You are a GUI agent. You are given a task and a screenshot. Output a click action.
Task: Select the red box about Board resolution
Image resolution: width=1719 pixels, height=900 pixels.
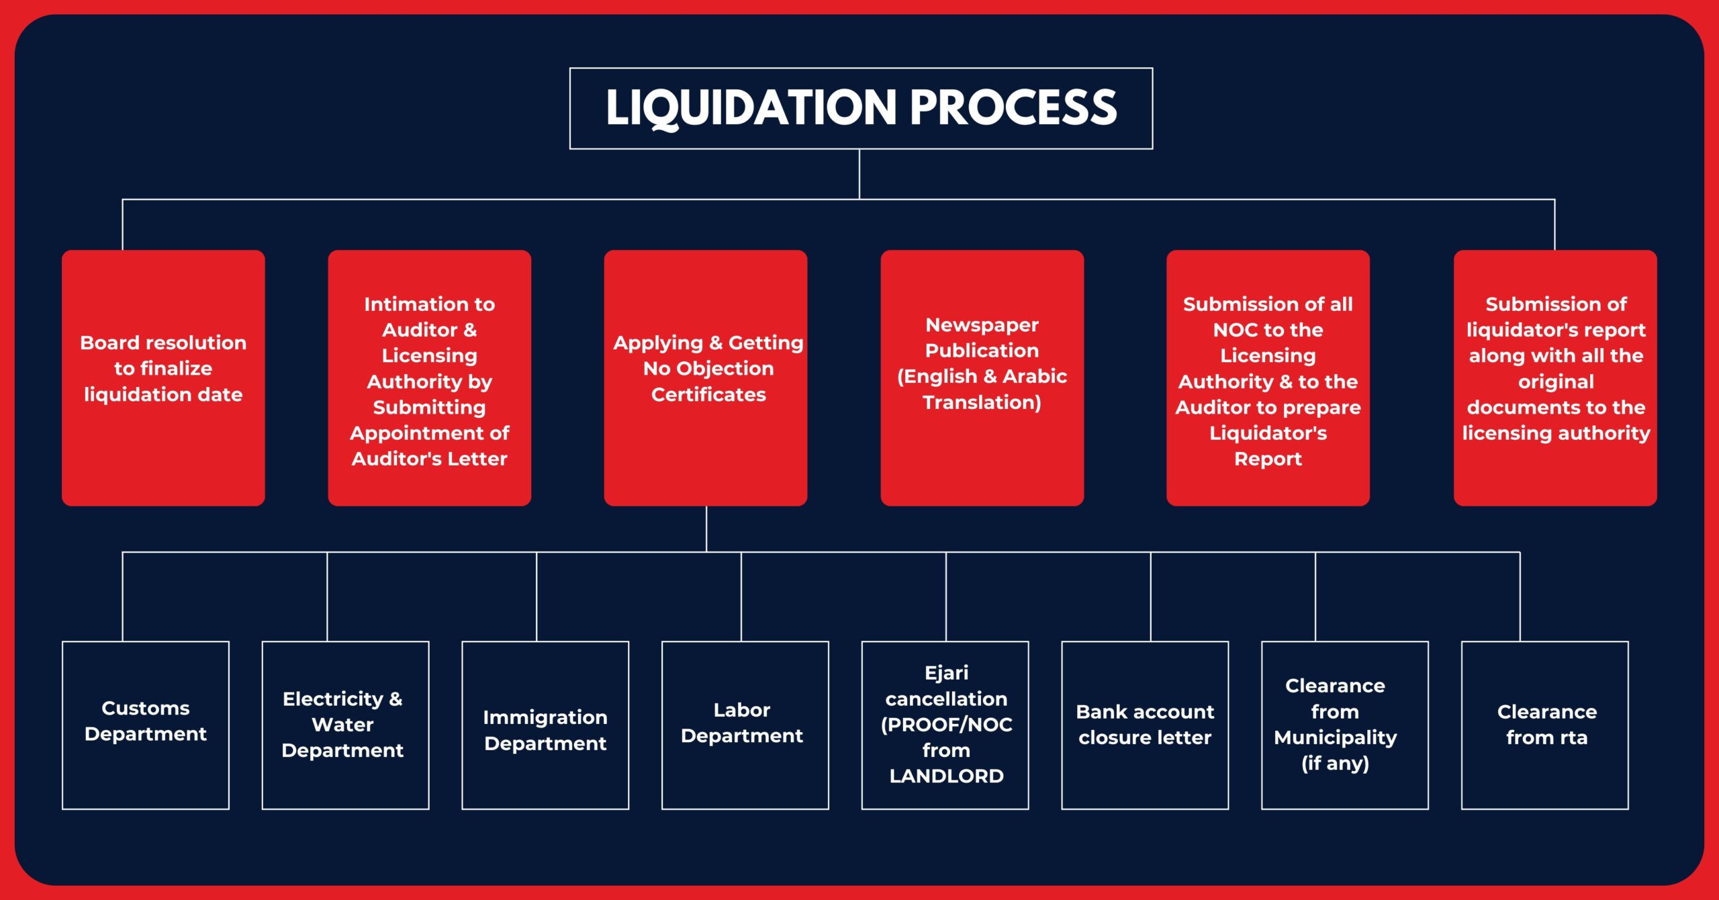pos(163,377)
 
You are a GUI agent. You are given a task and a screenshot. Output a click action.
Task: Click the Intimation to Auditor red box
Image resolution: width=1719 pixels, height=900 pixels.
pos(429,377)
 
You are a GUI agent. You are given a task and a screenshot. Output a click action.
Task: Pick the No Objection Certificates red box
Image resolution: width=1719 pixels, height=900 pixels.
pos(705,377)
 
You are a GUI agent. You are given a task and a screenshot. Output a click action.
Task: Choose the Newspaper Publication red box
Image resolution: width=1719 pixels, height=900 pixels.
pos(982,377)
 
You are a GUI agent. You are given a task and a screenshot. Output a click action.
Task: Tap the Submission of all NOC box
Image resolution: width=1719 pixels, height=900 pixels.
pos(1268,377)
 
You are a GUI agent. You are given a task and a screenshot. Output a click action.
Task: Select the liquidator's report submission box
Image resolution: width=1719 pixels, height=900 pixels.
pos(1555,377)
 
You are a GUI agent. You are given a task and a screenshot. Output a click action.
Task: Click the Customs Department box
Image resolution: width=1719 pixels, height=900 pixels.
pos(146,725)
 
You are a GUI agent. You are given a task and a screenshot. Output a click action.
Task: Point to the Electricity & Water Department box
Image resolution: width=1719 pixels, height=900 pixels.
pos(345,725)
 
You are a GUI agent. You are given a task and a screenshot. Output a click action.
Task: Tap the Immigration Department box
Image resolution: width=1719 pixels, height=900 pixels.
pos(545,725)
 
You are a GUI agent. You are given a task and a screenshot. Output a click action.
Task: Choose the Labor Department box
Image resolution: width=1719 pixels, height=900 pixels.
pos(745,725)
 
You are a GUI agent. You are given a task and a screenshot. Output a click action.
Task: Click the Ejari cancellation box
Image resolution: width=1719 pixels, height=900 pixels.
pos(945,725)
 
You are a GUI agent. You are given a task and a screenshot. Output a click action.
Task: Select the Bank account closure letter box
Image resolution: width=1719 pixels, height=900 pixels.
pos(1145,725)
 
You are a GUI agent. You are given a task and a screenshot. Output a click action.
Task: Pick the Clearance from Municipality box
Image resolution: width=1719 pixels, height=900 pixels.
pos(1344,725)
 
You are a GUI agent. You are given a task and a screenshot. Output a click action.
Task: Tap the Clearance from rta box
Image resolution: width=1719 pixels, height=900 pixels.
pos(1544,725)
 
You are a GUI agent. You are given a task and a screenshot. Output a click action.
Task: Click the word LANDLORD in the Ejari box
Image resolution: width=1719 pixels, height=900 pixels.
pos(946,776)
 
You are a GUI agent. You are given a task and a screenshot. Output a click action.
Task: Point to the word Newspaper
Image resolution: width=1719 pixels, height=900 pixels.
pos(982,325)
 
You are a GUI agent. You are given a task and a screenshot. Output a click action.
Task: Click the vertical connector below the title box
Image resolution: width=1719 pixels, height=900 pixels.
pos(859,174)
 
